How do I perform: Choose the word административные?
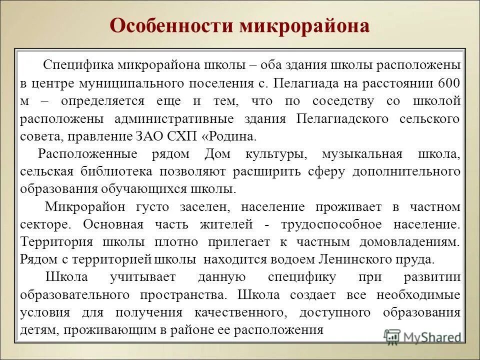187,119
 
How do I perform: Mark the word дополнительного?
406,171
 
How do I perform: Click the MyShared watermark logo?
422,336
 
